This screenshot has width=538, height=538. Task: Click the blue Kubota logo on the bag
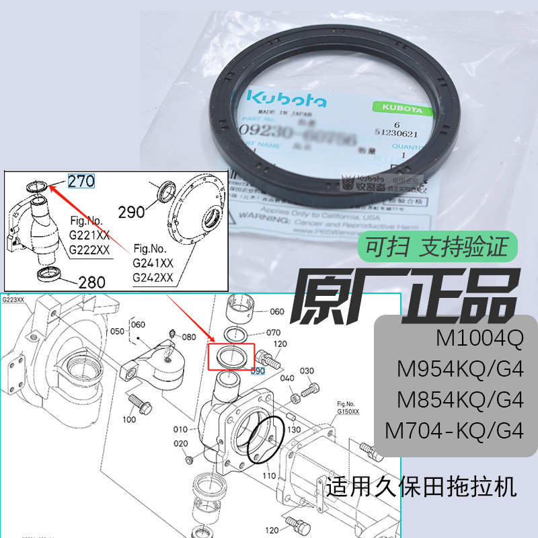click(286, 98)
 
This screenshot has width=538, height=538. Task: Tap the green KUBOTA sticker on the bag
click(398, 108)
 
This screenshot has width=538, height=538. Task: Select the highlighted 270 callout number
click(81, 180)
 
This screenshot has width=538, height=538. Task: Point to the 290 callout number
click(132, 212)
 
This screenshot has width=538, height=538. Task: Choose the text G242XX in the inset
click(153, 277)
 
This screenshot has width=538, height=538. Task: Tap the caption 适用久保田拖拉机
click(422, 486)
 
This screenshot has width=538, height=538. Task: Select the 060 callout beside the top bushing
click(277, 312)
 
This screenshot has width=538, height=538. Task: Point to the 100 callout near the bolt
click(129, 419)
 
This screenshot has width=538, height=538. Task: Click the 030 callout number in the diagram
click(307, 371)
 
